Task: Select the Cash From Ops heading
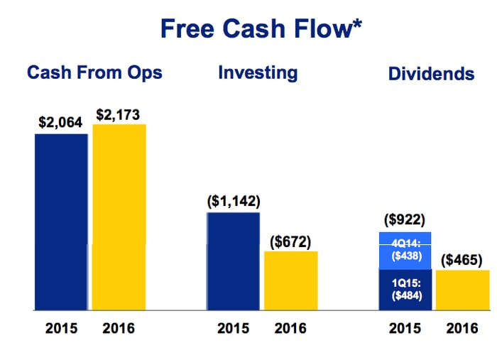[94, 72]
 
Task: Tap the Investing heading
[258, 72]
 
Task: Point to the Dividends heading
[431, 74]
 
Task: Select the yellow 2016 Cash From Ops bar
[119, 217]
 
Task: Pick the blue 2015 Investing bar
[233, 261]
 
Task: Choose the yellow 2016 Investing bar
[290, 280]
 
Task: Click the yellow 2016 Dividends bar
[462, 290]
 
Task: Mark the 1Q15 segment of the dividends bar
[406, 290]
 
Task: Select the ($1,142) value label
[234, 201]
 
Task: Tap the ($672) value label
[290, 241]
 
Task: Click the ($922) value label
[406, 221]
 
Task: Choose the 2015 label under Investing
[233, 329]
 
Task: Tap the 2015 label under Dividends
[405, 329]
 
